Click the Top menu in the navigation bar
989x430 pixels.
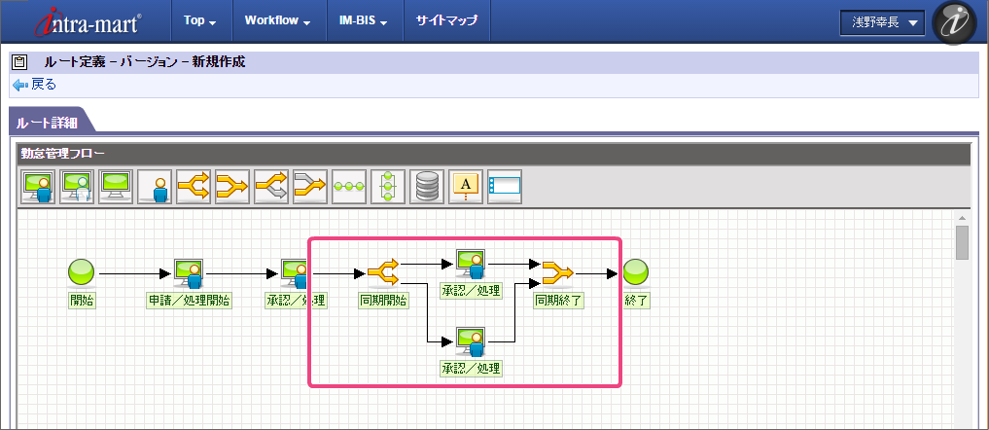pos(198,20)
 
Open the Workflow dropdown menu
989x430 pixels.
pos(277,20)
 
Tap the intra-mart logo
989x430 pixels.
pos(88,21)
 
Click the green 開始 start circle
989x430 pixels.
pos(81,272)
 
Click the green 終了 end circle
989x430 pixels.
pos(636,272)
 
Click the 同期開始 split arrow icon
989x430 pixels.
pos(383,271)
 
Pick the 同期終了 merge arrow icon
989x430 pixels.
pos(558,271)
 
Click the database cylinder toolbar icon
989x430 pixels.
pos(427,186)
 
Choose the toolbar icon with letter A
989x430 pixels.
pos(466,186)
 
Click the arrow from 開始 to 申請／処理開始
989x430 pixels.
pos(133,273)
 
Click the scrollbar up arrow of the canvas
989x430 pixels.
pos(962,218)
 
